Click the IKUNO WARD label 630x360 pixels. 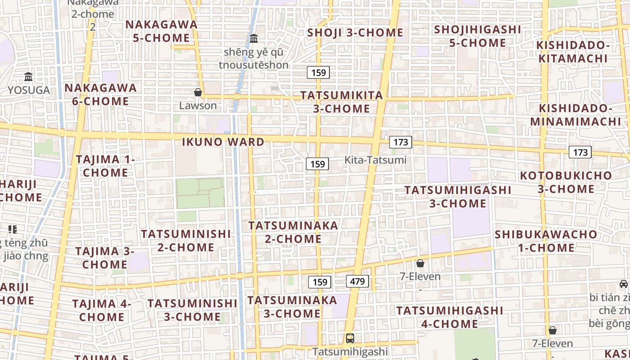(x=223, y=142)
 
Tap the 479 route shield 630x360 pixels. (x=357, y=282)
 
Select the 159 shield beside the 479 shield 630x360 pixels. (x=319, y=282)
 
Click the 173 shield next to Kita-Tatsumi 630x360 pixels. (x=400, y=142)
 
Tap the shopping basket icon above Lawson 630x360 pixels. (x=198, y=93)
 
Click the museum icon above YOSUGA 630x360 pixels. (x=28, y=77)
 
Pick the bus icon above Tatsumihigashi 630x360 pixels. (x=350, y=338)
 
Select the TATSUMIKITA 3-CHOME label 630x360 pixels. (x=342, y=102)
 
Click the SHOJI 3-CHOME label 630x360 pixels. (x=355, y=32)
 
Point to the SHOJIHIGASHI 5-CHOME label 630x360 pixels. (x=478, y=36)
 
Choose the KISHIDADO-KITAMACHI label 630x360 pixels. (x=573, y=52)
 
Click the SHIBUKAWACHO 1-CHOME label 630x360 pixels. (x=546, y=241)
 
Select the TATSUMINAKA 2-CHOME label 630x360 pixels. (x=293, y=232)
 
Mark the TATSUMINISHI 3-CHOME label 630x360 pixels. (x=192, y=310)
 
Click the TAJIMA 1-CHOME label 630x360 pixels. (x=105, y=166)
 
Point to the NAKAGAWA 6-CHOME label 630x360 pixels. (x=100, y=94)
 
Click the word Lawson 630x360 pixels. (x=198, y=106)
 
